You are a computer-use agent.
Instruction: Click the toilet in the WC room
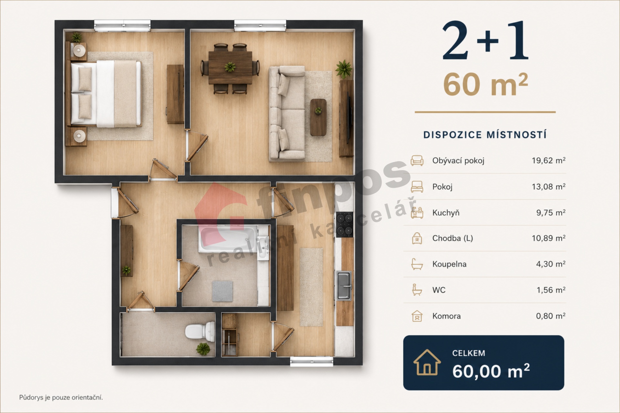pos(200,331)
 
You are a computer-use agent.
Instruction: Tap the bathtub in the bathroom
pos(228,239)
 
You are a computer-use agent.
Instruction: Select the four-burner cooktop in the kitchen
pos(344,224)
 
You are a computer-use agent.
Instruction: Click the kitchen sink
pos(344,286)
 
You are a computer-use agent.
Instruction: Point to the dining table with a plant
pos(230,67)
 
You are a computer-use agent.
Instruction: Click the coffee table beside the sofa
pos(318,117)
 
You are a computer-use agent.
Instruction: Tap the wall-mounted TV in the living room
pos(348,118)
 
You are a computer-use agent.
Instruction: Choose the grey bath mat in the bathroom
pos(222,291)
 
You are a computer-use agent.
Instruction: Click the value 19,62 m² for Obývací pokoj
pos(548,160)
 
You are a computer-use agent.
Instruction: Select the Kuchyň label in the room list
pos(446,213)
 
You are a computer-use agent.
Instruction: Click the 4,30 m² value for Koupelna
pos(551,264)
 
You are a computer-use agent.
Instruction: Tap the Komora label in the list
pos(446,316)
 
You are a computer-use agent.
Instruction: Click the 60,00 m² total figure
pos(491,371)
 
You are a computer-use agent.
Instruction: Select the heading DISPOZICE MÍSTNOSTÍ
pos(485,135)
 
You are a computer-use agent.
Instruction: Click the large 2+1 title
pos(485,41)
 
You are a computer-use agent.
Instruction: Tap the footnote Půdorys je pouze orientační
pos(61,398)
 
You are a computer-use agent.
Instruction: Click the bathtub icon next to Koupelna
pos(417,264)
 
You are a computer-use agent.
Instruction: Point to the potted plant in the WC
pos(203,349)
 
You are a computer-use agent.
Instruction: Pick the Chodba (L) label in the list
pos(452,238)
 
